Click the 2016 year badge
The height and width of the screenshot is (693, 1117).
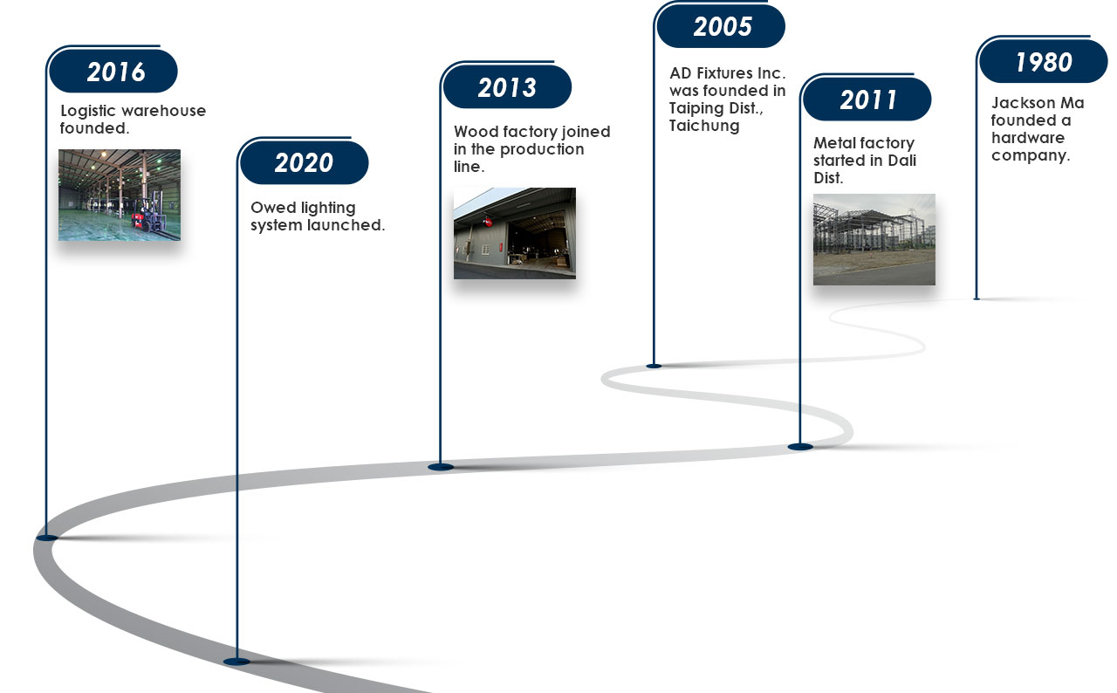coord(113,71)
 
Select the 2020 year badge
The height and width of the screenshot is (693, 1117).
coord(305,162)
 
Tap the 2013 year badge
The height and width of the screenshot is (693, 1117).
coord(507,86)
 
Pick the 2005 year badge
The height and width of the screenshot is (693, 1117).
coord(721,26)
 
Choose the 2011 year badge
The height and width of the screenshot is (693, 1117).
coord(867,99)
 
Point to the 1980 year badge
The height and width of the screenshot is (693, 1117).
coord(1043,61)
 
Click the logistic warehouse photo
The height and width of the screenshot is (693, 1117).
coord(120,195)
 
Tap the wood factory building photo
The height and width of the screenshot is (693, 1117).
coord(515,233)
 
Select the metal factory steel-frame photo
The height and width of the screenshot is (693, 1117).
coord(874,239)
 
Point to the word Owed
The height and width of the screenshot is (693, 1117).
coord(273,208)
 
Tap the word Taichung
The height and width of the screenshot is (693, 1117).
coord(704,127)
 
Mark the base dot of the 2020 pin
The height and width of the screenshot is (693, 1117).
coord(236,662)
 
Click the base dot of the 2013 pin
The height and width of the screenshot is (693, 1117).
coord(441,467)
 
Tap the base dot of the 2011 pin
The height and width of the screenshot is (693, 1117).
coord(800,447)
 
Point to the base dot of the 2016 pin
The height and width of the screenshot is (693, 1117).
coord(47,538)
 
